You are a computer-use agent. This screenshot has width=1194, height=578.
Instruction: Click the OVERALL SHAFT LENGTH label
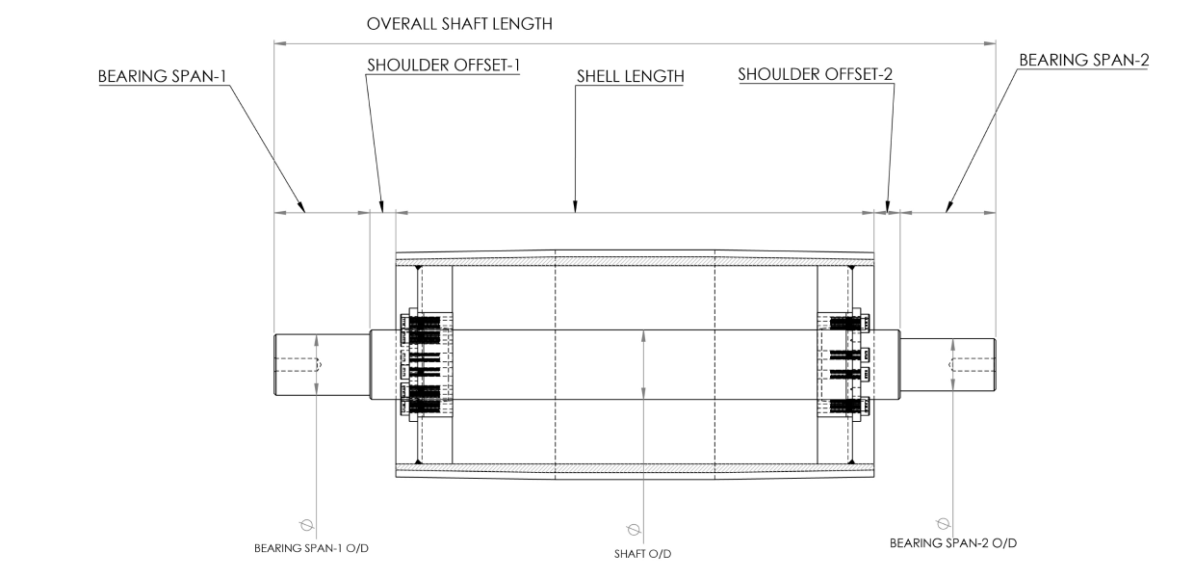(460, 24)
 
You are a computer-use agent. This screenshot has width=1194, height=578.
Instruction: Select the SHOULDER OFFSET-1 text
(443, 66)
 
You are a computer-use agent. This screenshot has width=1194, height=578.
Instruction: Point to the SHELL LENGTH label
(630, 75)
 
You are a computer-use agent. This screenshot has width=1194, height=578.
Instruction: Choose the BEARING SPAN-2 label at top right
(1083, 60)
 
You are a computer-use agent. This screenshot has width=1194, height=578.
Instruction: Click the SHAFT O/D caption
(644, 553)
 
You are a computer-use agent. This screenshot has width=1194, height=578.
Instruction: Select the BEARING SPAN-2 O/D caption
(951, 543)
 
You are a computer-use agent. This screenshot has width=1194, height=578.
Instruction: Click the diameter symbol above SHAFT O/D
(633, 529)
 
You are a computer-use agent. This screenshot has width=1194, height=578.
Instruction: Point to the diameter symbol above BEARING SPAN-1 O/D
(306, 525)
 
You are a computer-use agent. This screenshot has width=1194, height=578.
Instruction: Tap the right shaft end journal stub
(947, 364)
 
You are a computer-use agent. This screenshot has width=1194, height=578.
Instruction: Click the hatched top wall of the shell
(636, 260)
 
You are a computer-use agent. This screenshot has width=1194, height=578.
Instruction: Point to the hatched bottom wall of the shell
(636, 469)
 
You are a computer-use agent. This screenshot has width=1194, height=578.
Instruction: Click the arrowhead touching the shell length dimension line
(575, 206)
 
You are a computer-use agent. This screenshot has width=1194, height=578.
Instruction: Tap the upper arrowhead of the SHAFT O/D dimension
(644, 335)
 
